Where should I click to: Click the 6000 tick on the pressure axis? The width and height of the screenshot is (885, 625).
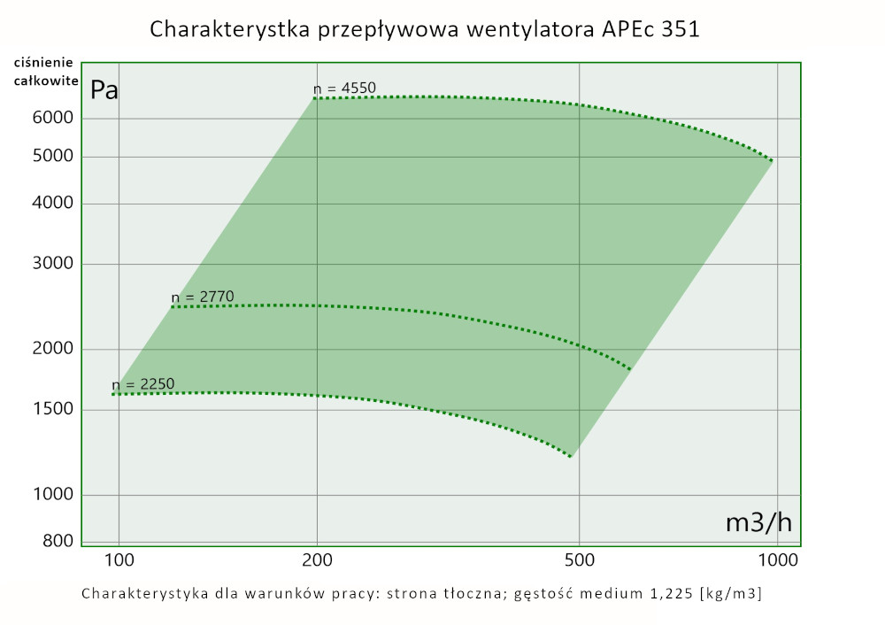pos(54,119)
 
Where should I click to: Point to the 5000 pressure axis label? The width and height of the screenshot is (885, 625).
pos(54,158)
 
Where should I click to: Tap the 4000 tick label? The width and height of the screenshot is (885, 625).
pos(54,204)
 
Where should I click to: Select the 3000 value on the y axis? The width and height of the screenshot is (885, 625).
pos(54,264)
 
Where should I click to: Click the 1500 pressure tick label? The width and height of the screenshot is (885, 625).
pos(54,409)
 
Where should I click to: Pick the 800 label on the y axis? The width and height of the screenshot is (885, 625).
pos(58,542)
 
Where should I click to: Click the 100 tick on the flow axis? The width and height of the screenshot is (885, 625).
pos(119,559)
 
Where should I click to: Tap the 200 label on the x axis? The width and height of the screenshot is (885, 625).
pos(317,559)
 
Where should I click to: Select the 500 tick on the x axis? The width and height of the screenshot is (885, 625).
pos(578,559)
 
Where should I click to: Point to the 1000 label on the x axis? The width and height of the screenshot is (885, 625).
pos(776,559)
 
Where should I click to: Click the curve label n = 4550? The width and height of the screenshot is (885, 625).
pos(344,88)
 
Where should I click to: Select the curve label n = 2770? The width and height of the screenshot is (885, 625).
pos(203,297)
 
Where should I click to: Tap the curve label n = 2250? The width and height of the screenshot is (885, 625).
pos(143,384)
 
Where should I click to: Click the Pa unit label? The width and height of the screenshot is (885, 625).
pos(104,90)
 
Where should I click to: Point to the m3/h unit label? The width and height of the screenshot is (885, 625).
pos(758,523)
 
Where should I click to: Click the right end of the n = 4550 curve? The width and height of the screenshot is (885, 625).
pos(772,160)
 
